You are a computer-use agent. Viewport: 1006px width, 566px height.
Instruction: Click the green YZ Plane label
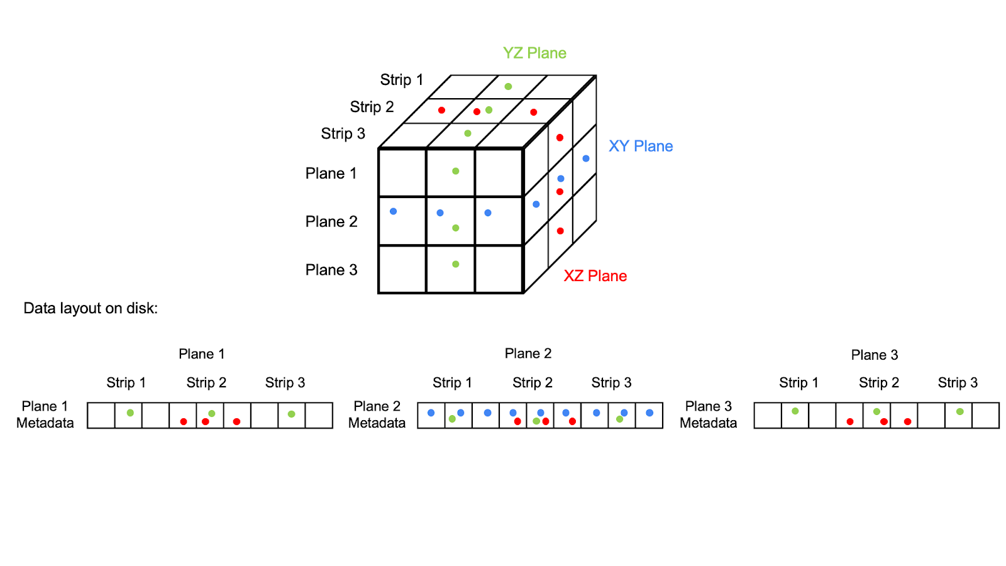[534, 53]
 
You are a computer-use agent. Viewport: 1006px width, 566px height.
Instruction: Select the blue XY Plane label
[641, 146]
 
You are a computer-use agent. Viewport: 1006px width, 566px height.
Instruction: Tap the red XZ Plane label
[595, 275]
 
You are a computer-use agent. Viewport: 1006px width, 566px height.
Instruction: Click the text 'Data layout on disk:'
[91, 308]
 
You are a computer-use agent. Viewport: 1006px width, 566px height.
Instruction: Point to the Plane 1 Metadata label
[45, 414]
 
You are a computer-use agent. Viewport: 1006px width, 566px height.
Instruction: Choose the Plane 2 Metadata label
[377, 414]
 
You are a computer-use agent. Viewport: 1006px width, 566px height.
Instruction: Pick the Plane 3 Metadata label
[708, 414]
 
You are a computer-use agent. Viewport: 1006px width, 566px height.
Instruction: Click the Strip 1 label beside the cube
[401, 80]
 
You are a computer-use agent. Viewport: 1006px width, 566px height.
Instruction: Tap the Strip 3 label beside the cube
[343, 133]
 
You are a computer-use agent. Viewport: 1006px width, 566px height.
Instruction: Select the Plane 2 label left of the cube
[331, 221]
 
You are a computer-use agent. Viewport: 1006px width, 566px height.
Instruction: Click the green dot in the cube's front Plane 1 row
[456, 171]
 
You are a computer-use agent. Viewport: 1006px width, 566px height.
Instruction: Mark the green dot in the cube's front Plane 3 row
[456, 264]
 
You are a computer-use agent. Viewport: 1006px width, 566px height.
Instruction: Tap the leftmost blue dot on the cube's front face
[393, 211]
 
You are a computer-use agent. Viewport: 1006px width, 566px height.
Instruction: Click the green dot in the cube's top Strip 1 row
[508, 87]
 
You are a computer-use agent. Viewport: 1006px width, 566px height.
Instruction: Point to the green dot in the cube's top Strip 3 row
[468, 133]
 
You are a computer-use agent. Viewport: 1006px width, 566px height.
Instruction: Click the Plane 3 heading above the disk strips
[874, 355]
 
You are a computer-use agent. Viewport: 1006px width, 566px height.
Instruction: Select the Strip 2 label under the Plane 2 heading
[532, 382]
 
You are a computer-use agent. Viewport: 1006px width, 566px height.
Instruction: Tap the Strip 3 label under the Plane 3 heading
[958, 382]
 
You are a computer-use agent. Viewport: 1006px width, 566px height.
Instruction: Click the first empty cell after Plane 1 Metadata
[101, 416]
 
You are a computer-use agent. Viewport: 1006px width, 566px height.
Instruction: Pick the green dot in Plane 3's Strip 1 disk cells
[795, 411]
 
